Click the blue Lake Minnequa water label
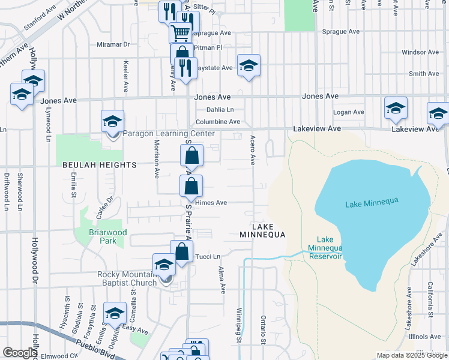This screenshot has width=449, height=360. click(x=372, y=204)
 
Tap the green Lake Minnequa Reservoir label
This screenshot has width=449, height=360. click(x=325, y=248)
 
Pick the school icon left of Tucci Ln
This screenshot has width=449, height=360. click(x=164, y=264)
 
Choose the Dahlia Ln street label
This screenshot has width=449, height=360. click(x=220, y=110)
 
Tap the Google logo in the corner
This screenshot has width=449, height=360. click(x=20, y=353)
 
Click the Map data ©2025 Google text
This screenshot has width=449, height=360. click(x=411, y=355)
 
